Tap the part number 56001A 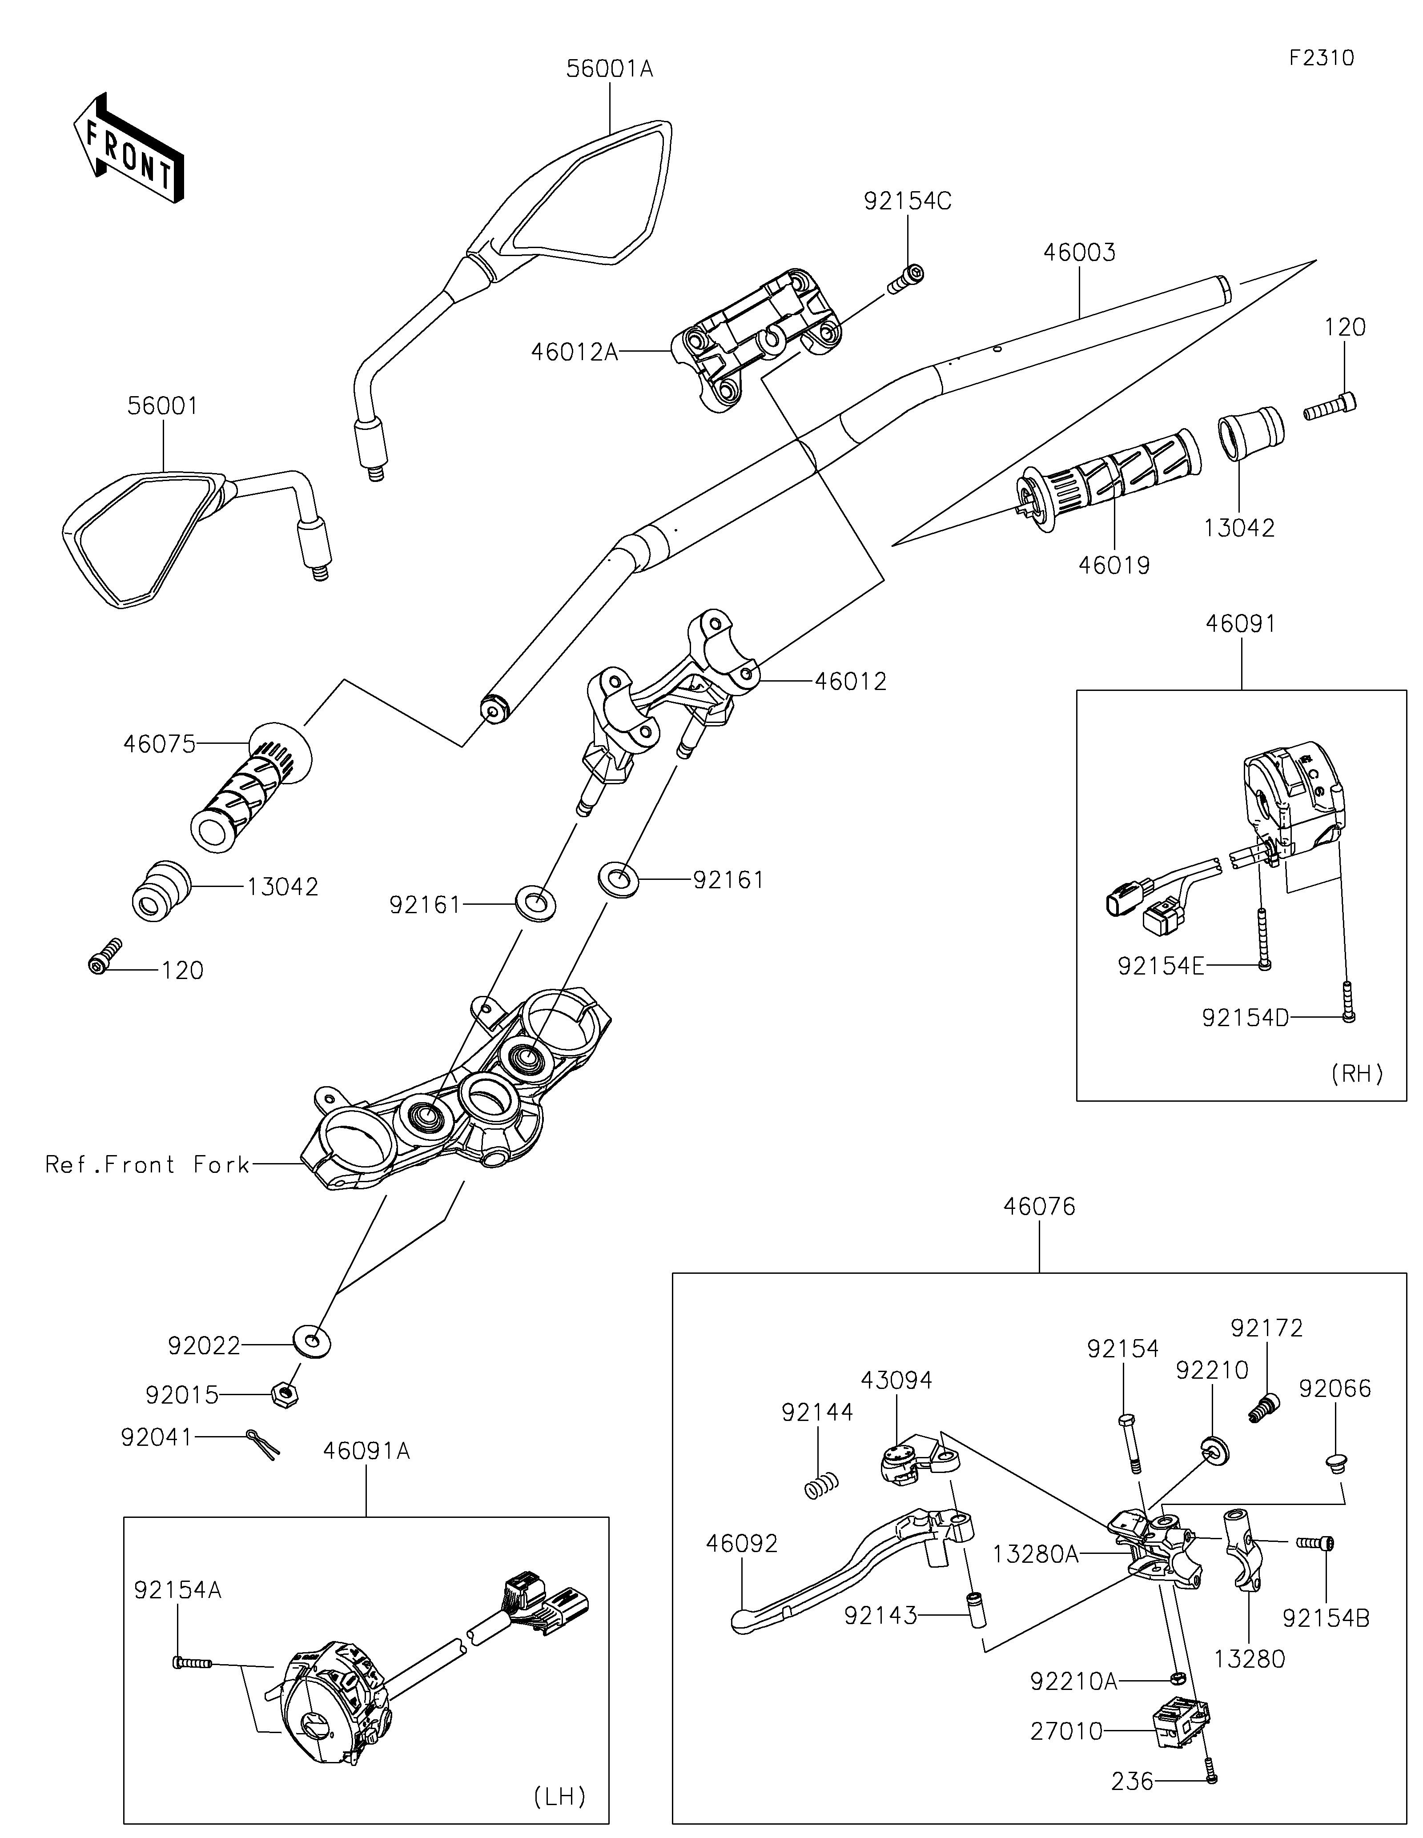pyautogui.click(x=609, y=69)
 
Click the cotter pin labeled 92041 pyautogui.click(x=263, y=1444)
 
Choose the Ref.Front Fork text pyautogui.click(x=147, y=1165)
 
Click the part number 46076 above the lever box pyautogui.click(x=1039, y=1207)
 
